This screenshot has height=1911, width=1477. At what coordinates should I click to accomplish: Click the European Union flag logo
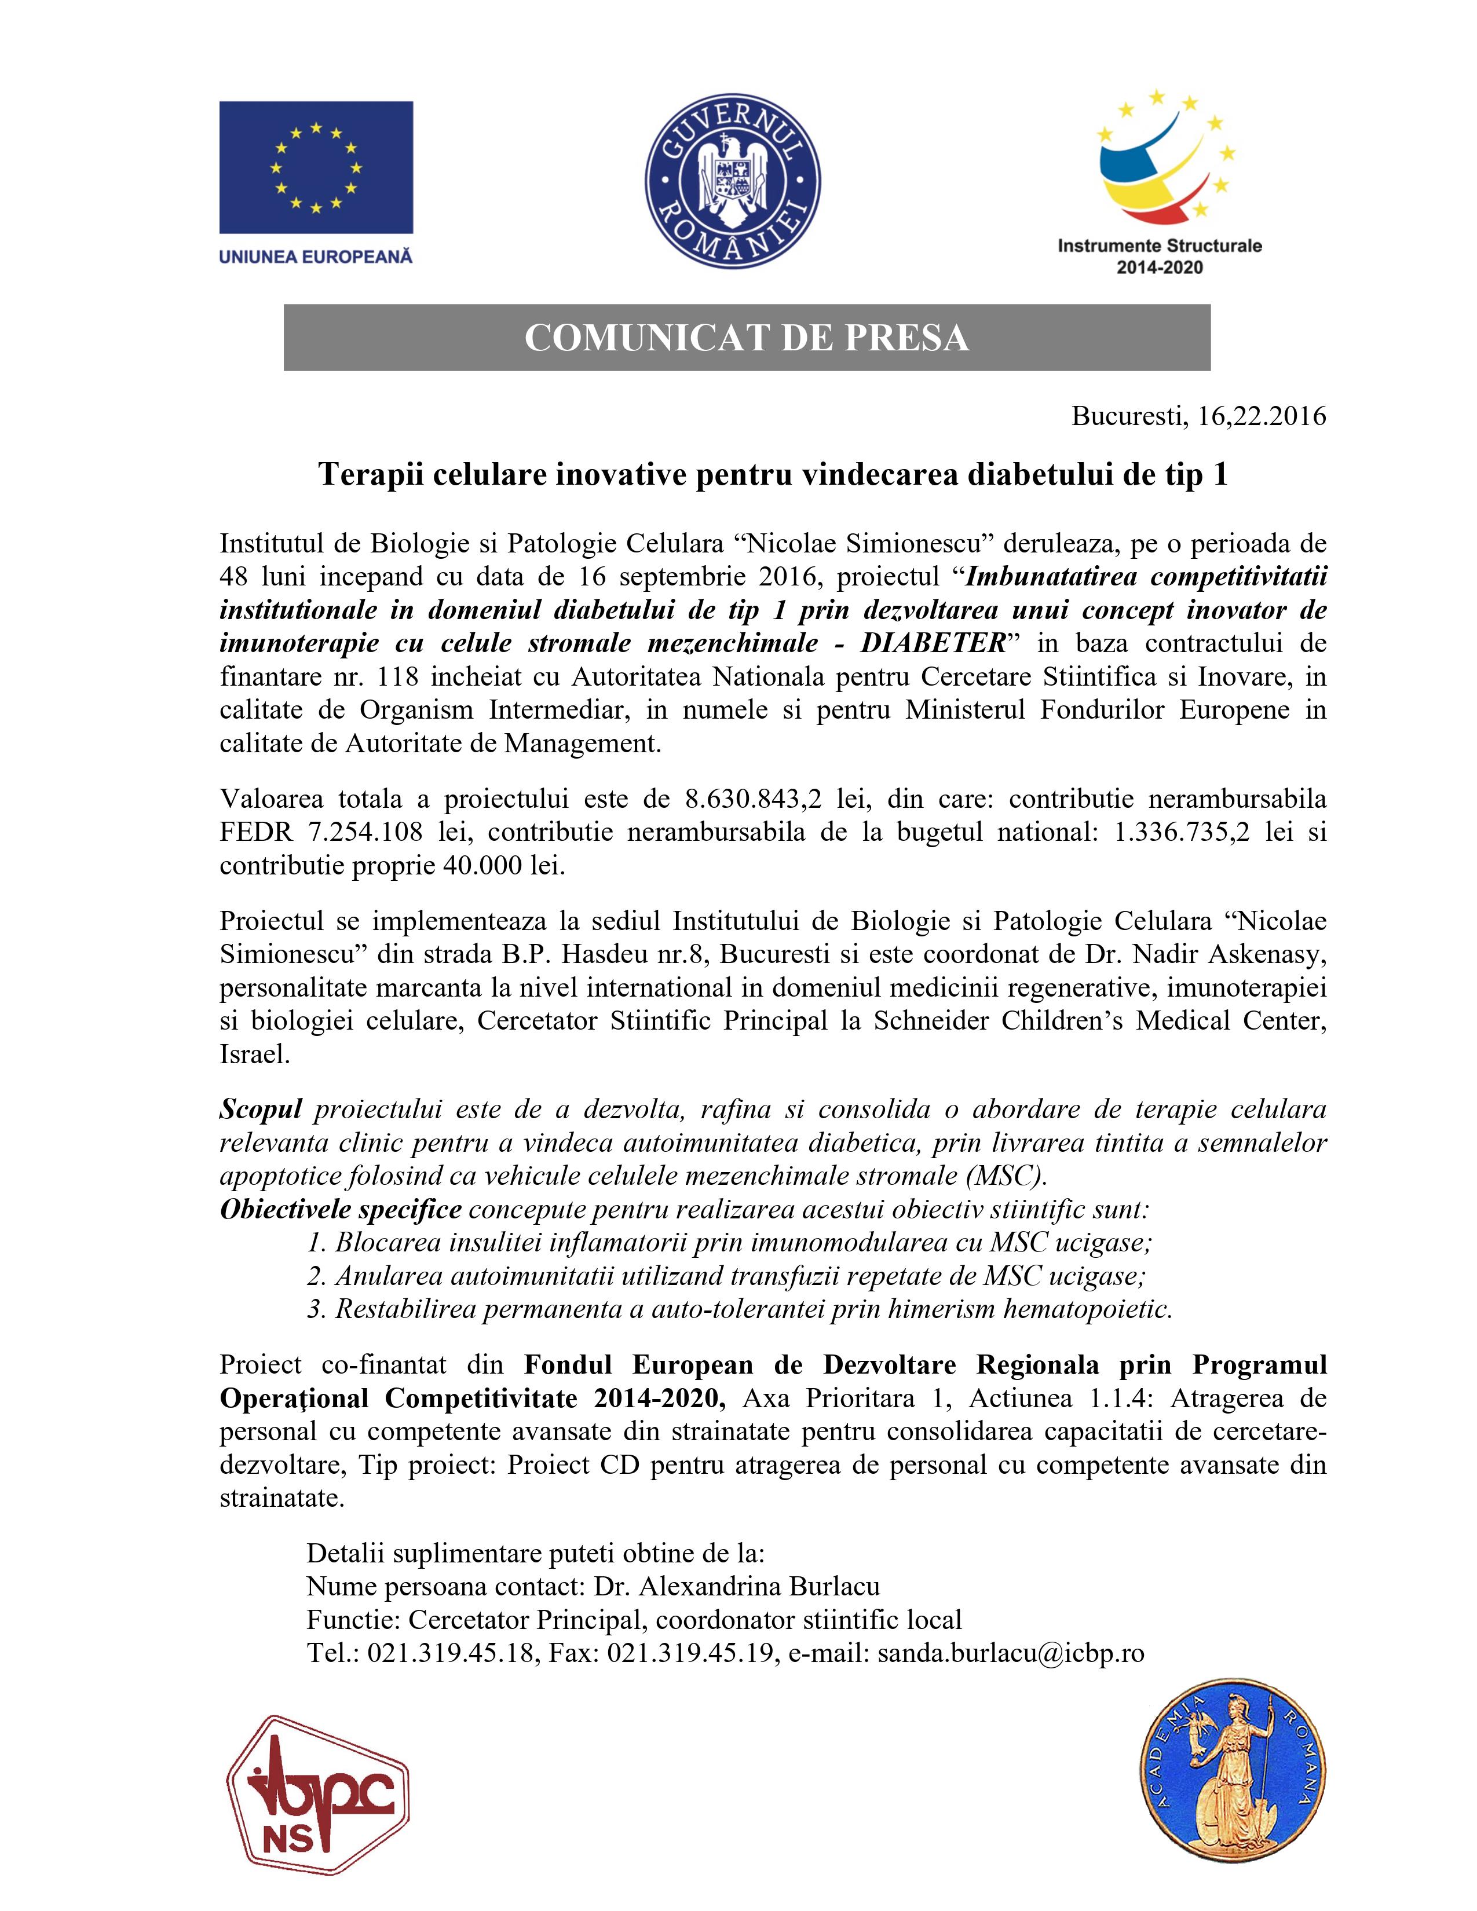316,167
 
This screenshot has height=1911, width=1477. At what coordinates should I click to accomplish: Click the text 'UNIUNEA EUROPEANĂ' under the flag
316,257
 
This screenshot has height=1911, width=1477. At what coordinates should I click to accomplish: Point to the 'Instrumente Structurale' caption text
1160,246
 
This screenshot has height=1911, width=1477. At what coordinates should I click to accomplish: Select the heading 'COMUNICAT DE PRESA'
747,338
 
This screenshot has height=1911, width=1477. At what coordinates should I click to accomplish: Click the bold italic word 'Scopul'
261,1110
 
